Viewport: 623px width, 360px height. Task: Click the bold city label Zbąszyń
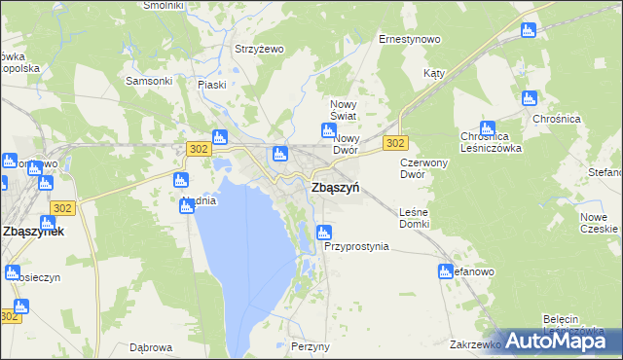[335, 188]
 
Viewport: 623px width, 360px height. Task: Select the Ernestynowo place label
[409, 40]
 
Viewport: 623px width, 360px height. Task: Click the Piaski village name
[211, 85]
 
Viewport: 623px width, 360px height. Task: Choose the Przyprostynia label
[356, 247]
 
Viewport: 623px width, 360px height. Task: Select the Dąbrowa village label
[151, 347]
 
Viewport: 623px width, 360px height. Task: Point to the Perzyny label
[311, 346]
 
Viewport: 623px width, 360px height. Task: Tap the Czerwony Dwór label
[424, 168]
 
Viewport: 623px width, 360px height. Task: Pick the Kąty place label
[434, 74]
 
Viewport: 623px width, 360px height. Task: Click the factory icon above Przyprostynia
[324, 233]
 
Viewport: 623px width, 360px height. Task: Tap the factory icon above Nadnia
[180, 180]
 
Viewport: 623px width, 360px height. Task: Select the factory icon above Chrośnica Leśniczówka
[487, 127]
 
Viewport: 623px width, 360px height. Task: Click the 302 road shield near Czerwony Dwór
[394, 143]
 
